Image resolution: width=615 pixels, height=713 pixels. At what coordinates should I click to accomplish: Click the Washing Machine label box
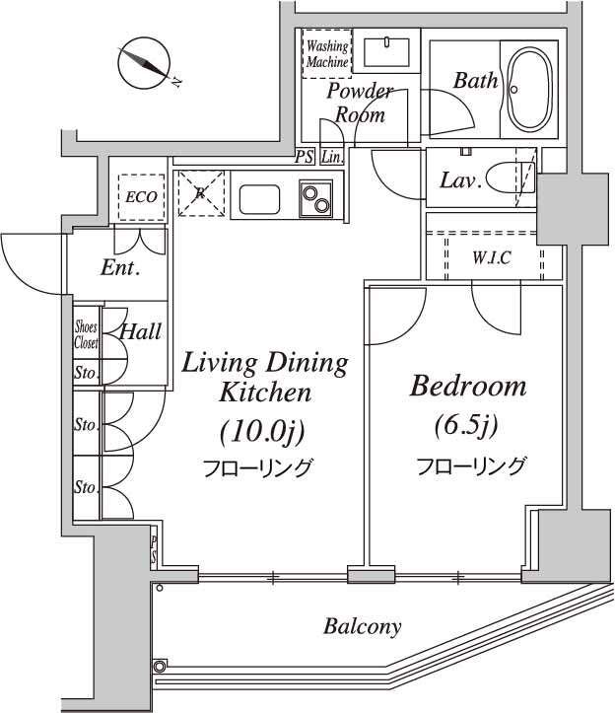[327, 53]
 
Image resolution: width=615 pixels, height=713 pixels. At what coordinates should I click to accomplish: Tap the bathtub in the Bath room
[529, 89]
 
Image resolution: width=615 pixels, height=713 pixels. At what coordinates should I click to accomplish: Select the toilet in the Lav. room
[510, 178]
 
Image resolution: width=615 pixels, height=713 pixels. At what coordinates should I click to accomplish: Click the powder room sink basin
[387, 52]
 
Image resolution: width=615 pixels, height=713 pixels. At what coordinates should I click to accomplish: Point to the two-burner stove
[315, 198]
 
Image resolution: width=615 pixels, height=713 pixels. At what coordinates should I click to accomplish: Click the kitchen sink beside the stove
[259, 199]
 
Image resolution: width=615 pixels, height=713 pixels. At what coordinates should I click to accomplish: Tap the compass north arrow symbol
[145, 62]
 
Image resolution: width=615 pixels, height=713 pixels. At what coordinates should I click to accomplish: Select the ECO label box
[141, 197]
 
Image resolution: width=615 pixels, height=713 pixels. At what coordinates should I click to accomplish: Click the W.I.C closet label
[492, 258]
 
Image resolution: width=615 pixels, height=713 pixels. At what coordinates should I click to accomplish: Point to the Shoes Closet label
[86, 334]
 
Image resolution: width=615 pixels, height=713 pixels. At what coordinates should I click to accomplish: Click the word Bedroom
[468, 387]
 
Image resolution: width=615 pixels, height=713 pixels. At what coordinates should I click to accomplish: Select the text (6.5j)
[466, 425]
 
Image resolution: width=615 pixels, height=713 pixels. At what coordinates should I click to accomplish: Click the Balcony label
[363, 626]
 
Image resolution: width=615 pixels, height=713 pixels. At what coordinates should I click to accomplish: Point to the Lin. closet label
[332, 158]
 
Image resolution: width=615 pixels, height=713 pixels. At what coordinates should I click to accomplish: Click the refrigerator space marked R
[201, 193]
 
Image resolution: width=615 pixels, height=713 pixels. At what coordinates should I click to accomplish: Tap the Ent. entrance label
[120, 267]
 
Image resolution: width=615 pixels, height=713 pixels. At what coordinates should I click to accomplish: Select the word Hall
[140, 331]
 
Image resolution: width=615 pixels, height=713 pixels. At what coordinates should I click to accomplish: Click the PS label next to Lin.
[305, 157]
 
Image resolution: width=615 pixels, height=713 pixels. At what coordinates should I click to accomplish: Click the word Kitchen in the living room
[265, 392]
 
